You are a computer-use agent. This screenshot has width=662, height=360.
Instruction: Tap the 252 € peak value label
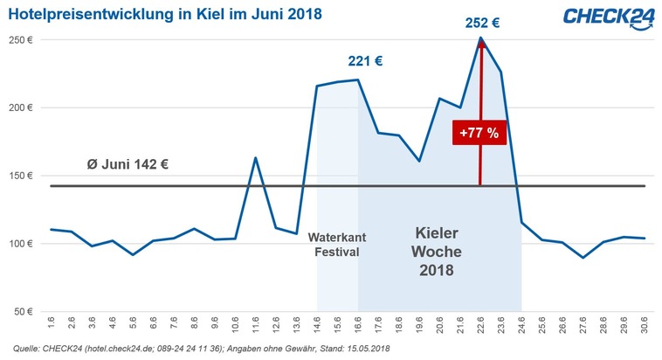(x=481, y=22)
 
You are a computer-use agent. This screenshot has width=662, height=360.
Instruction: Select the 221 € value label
(x=365, y=61)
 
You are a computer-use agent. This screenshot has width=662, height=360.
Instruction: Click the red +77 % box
(x=479, y=133)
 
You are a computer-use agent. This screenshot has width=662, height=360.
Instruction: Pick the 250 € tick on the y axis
(x=21, y=40)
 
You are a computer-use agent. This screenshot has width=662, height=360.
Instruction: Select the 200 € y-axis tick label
(x=21, y=107)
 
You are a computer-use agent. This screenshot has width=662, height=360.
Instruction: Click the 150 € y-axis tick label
(x=21, y=175)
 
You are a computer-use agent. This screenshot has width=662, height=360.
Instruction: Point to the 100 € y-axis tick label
(x=21, y=242)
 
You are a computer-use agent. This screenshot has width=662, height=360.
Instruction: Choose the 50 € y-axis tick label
(x=24, y=309)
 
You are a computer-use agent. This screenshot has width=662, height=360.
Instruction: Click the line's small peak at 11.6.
(x=254, y=158)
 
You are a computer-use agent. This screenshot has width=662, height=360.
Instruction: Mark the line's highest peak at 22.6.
(x=481, y=38)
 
